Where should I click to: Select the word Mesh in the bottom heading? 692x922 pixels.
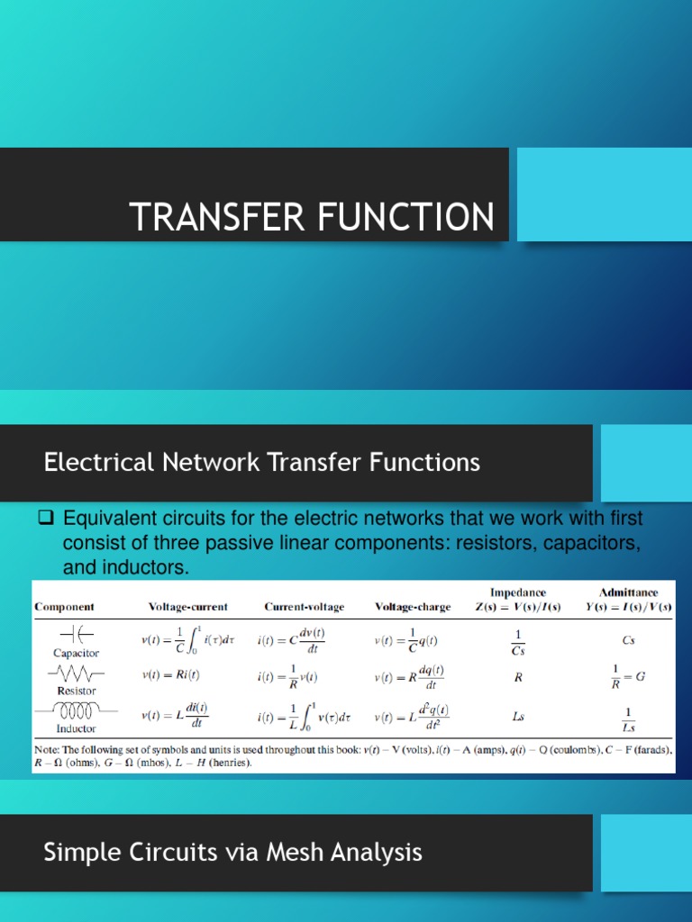coord(300,852)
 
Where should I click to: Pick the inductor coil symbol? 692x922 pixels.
coord(76,711)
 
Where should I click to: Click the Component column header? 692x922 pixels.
coord(64,607)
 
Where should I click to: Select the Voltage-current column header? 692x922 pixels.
coord(188,607)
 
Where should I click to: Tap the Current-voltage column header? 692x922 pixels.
coord(304,607)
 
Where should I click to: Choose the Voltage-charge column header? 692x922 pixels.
coord(413,607)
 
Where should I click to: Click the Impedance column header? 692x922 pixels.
coord(517,592)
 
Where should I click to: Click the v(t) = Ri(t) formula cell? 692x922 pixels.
coord(170,674)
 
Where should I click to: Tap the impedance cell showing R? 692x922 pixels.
coord(518,676)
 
